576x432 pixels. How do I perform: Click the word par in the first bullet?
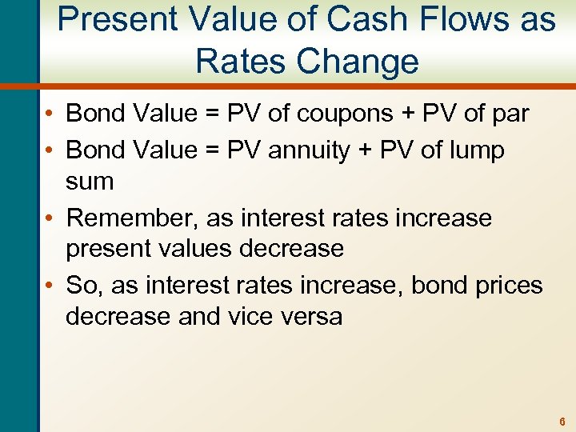click(x=508, y=114)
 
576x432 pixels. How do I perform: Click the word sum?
click(x=90, y=182)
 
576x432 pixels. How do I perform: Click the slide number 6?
click(x=563, y=421)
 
